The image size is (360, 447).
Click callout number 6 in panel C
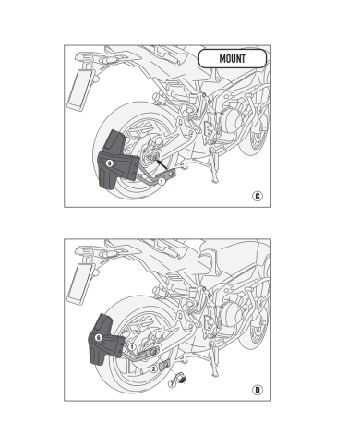click(109, 163)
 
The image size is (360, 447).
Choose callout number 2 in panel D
click(152, 368)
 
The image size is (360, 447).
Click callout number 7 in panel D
click(171, 386)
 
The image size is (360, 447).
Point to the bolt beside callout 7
click(185, 379)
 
